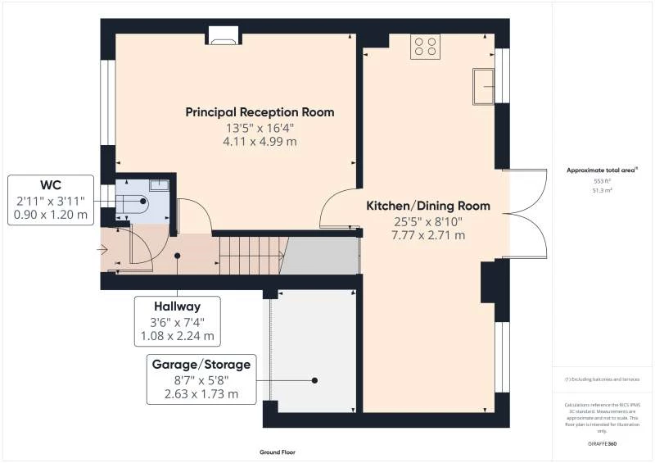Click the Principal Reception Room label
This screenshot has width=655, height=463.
tap(260, 112)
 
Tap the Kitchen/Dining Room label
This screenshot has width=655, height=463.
tap(427, 206)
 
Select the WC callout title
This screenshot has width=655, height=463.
tap(51, 184)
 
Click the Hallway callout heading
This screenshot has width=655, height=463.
tap(178, 306)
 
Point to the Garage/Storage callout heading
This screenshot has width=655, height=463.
tap(201, 364)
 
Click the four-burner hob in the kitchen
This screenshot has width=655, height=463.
tap(425, 46)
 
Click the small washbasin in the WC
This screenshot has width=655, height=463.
tap(160, 185)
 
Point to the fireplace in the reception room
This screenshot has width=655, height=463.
tap(223, 34)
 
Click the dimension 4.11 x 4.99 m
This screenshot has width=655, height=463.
tap(260, 142)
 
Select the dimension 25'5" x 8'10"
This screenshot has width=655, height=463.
tap(427, 221)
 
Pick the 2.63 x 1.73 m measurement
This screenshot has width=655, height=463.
tap(201, 394)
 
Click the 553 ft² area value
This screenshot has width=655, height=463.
tap(602, 180)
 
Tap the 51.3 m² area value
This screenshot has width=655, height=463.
tap(602, 189)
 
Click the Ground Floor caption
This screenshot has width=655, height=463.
tap(277, 452)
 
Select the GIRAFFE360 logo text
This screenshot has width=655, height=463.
tap(602, 443)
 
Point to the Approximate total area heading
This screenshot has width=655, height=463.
tap(602, 170)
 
